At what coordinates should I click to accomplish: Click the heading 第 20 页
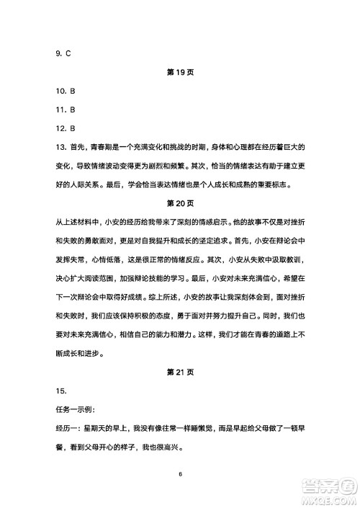point(180,204)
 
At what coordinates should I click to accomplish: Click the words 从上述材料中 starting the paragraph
point(79,223)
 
